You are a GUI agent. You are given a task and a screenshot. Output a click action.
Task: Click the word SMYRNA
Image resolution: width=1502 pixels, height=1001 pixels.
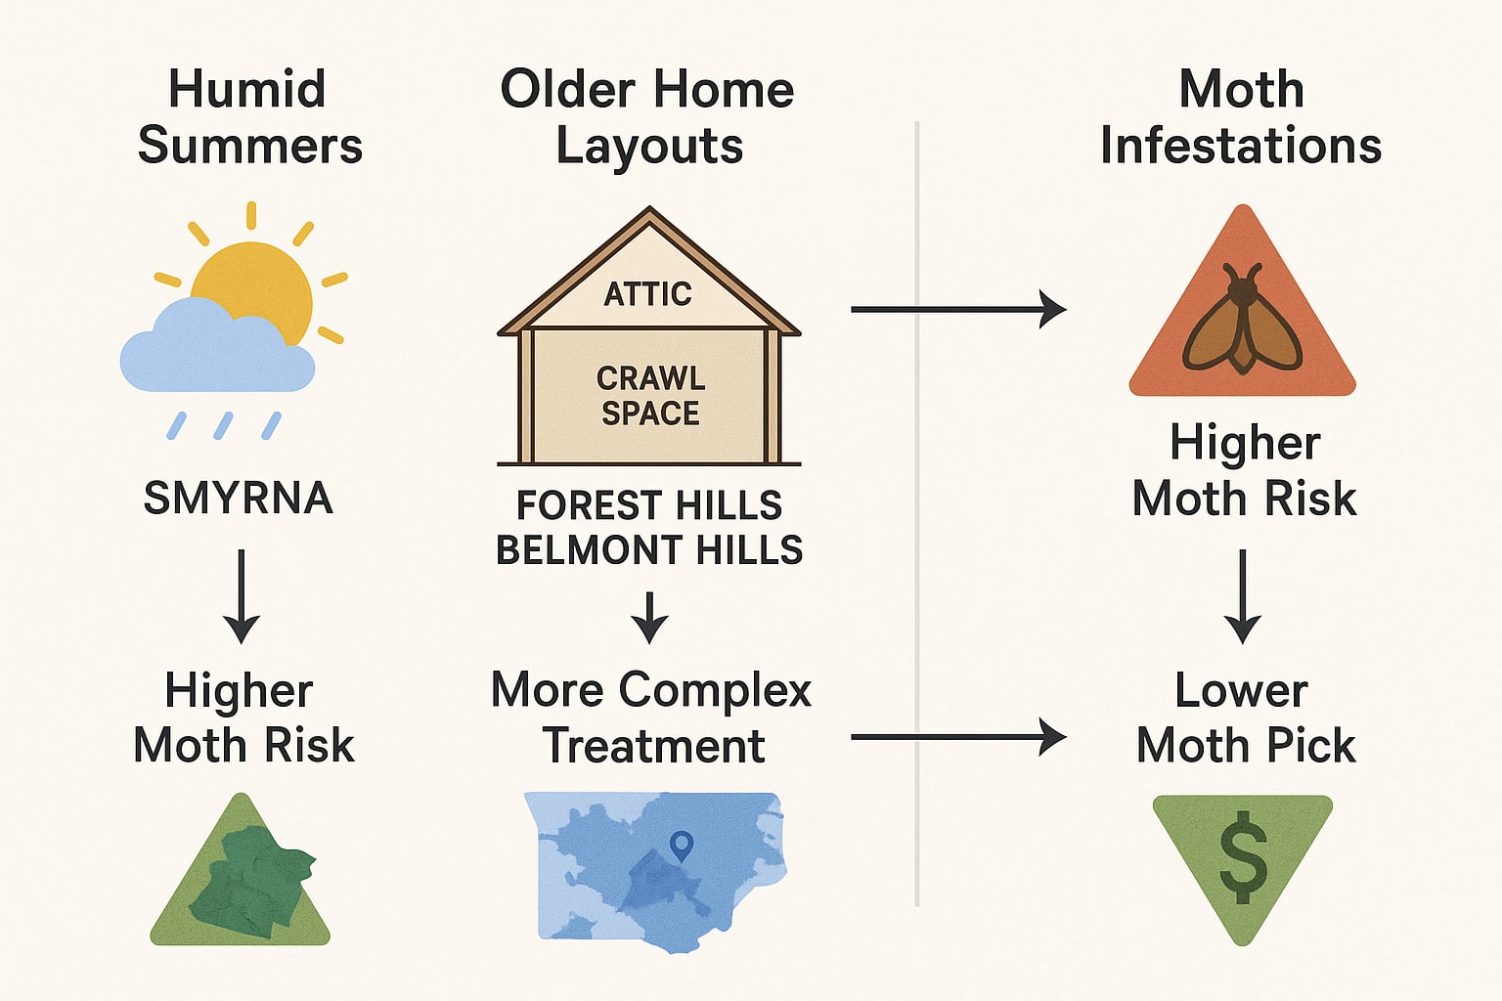238,499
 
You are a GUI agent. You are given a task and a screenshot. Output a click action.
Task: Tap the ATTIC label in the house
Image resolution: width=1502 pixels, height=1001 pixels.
647,293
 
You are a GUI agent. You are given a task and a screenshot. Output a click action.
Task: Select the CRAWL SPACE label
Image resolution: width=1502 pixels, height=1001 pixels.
650,396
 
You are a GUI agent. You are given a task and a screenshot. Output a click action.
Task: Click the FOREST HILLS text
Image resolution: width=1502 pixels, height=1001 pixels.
649,505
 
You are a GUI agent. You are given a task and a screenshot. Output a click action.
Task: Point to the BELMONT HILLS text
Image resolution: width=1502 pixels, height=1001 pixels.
649,550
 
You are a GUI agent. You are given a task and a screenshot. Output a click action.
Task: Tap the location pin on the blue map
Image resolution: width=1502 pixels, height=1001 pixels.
681,845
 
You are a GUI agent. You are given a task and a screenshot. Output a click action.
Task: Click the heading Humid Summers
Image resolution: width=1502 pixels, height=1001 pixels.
249,117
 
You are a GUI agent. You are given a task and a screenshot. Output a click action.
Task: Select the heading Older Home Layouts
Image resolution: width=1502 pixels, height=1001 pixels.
647,117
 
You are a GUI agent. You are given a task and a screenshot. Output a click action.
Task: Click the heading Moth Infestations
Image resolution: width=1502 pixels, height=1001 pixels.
1240,117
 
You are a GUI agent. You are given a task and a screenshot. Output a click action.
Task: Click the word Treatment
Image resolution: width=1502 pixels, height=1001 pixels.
653,746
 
